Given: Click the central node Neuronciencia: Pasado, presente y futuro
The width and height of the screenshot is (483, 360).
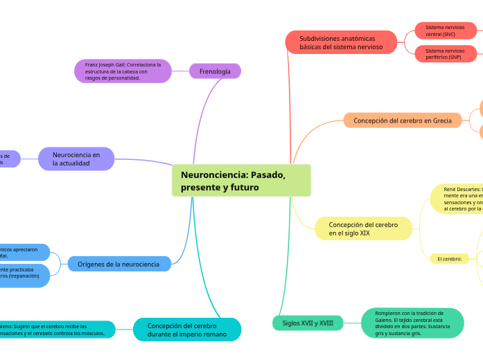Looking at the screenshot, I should coord(241,181).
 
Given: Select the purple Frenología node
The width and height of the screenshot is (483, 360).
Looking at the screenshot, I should coord(215,71).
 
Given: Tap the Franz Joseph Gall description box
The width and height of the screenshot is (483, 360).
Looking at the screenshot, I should coord(123,71).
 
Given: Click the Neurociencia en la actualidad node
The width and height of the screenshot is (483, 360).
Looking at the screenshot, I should coord(76,159).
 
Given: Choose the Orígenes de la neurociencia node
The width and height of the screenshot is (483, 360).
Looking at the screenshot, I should coord(119,264).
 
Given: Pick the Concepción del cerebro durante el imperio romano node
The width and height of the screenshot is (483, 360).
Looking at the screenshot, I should coord(187,330).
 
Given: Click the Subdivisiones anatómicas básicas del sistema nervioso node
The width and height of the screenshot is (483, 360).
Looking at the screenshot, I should coord(341,42).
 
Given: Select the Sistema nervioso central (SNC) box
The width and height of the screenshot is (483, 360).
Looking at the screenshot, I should coord(446,30).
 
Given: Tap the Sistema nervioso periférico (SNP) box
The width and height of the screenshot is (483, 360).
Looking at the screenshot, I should coord(446,54).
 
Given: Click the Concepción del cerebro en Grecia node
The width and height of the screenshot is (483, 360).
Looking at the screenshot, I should coord(403,120).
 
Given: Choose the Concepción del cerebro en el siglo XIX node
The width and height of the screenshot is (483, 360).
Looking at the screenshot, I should coord(364,228).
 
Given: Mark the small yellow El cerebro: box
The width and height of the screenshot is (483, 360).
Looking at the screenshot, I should coord(450,259).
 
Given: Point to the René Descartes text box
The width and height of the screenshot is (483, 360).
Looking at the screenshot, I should coord(457,199).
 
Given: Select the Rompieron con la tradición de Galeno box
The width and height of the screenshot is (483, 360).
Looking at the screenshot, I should coord(412,323).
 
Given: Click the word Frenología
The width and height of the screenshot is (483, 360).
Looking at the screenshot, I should coord(215,71).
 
